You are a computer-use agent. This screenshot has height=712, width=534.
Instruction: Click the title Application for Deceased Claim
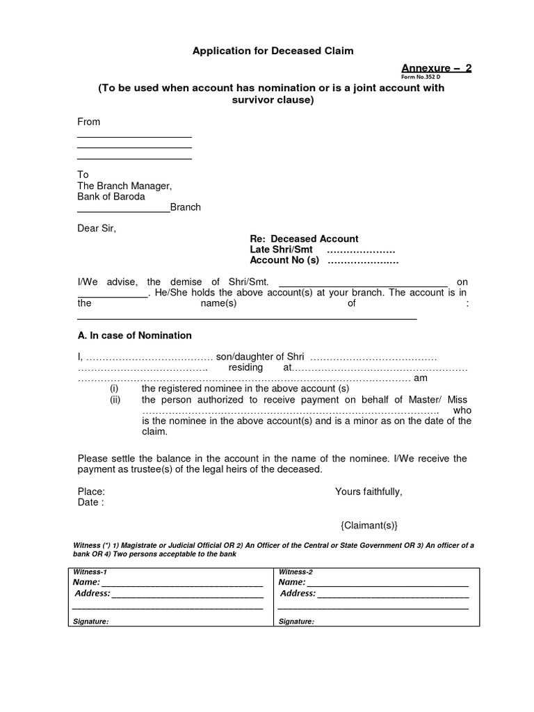click(x=273, y=51)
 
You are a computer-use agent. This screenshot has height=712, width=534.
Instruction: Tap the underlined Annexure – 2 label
click(x=436, y=67)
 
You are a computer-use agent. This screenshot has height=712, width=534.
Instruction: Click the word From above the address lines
click(x=88, y=122)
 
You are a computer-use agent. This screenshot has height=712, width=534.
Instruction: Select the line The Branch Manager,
click(x=124, y=186)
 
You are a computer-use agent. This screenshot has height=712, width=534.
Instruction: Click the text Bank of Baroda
click(x=111, y=197)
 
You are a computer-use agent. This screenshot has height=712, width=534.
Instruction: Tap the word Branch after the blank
click(x=186, y=207)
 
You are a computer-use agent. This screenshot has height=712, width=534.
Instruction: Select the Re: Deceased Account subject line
click(x=304, y=238)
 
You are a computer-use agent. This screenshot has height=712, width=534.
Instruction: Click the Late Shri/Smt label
click(x=281, y=250)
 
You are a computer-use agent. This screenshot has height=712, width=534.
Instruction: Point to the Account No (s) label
click(x=284, y=261)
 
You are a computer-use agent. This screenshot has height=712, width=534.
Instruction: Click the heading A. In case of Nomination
click(x=134, y=335)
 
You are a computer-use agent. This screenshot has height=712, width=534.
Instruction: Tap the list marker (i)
click(x=115, y=389)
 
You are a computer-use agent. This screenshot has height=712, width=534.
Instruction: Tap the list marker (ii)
click(x=115, y=400)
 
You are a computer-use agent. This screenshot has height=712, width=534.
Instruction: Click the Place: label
click(x=91, y=492)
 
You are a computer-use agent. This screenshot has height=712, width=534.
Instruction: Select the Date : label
click(x=90, y=502)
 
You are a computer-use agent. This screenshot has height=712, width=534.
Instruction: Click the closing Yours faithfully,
click(x=369, y=492)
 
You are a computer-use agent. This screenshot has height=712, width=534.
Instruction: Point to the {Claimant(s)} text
click(x=369, y=525)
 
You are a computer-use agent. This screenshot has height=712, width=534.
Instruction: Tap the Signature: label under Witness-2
click(x=296, y=622)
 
